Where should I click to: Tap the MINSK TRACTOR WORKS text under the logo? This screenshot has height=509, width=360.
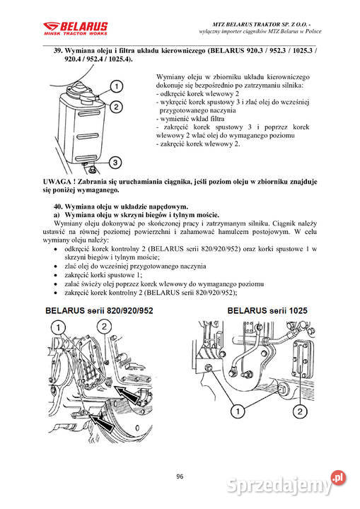pyautogui.click(x=76, y=33)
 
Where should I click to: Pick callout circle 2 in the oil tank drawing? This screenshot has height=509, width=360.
pyautogui.click(x=115, y=107)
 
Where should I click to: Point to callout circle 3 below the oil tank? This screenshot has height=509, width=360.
pyautogui.click(x=115, y=163)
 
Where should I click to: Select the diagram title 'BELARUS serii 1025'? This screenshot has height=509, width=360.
pyautogui.click(x=268, y=310)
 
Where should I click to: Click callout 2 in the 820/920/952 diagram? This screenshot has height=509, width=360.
pyautogui.click(x=104, y=327)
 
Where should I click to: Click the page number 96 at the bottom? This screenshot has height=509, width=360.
pyautogui.click(x=180, y=476)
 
